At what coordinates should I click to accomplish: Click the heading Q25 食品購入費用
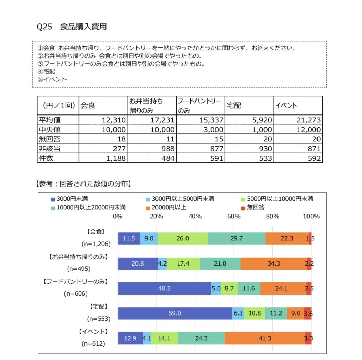(x=71, y=27)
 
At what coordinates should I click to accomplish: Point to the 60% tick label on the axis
(x=234, y=217)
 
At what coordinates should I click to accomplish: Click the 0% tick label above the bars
(x=118, y=217)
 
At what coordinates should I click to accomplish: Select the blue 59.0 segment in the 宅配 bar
(x=175, y=313)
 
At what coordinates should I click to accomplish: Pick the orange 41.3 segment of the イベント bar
(x=265, y=338)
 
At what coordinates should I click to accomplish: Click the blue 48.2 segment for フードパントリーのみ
(x=164, y=289)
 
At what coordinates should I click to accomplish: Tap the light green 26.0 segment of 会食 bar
(x=183, y=239)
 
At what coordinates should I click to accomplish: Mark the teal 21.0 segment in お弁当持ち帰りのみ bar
(x=220, y=264)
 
